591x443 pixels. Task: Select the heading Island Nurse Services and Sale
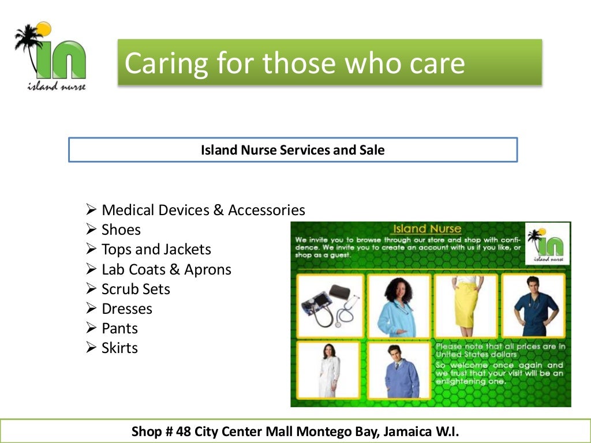click(293, 150)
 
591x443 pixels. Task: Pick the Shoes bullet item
click(121, 230)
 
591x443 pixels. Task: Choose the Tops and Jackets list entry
click(156, 249)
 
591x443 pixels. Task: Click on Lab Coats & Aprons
click(166, 269)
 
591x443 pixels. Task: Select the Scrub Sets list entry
click(136, 289)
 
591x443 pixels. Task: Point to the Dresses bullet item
click(127, 309)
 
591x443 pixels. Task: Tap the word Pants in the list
click(119, 328)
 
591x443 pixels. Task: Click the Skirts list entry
click(119, 348)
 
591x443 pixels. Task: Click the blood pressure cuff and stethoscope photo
click(330, 305)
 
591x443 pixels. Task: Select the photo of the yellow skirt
click(466, 305)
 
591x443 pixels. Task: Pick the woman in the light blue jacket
click(399, 305)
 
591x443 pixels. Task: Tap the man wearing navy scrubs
click(534, 305)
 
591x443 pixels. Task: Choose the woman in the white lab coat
click(328, 370)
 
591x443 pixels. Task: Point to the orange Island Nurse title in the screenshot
click(426, 229)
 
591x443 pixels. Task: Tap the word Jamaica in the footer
click(398, 431)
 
